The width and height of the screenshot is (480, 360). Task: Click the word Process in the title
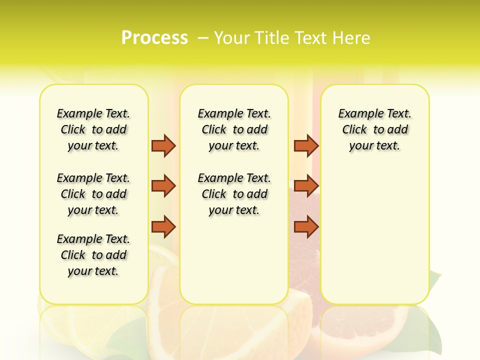(154, 38)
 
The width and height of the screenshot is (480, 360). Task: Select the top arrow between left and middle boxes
(163, 145)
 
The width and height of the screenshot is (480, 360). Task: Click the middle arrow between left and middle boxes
(163, 186)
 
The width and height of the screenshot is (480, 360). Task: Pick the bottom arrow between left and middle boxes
(163, 227)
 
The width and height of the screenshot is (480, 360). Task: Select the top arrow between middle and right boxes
(306, 145)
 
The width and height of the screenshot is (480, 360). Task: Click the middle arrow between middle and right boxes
(306, 186)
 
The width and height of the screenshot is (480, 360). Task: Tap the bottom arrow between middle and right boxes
(306, 227)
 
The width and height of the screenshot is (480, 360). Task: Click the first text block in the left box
(93, 129)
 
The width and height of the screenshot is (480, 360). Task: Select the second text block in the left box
(93, 194)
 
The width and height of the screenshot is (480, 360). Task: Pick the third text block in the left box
(93, 255)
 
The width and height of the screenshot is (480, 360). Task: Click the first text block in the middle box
(234, 129)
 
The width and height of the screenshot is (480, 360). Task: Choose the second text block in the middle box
(234, 194)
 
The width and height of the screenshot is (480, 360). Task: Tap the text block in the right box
(374, 129)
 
